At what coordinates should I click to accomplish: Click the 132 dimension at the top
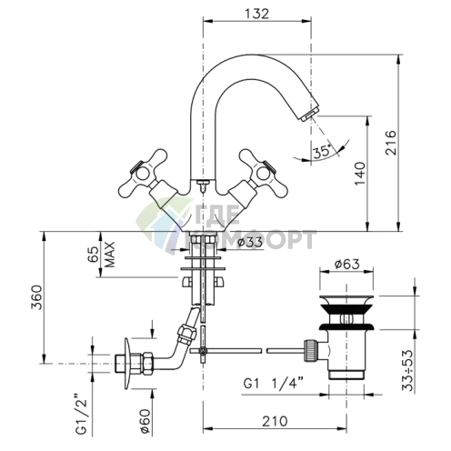pyautogui.click(x=256, y=14)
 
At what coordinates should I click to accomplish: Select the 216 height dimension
pyautogui.click(x=391, y=143)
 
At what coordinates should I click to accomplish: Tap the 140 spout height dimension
pyautogui.click(x=360, y=174)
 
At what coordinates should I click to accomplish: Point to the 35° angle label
pyautogui.click(x=322, y=151)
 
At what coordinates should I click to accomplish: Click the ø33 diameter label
pyautogui.click(x=250, y=242)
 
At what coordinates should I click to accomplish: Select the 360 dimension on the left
pyautogui.click(x=36, y=297)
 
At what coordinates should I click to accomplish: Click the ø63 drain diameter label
pyautogui.click(x=347, y=264)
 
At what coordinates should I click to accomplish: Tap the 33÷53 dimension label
pyautogui.click(x=408, y=370)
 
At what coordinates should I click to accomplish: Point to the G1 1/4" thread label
pyautogui.click(x=274, y=384)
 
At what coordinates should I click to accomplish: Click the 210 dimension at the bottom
pyautogui.click(x=275, y=421)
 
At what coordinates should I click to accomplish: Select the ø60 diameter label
pyautogui.click(x=145, y=421)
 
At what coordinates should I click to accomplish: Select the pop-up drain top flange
pyautogui.click(x=346, y=299)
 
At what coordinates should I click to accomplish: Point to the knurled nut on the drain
pyautogui.click(x=310, y=350)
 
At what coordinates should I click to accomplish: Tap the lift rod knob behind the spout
pyautogui.click(x=203, y=183)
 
